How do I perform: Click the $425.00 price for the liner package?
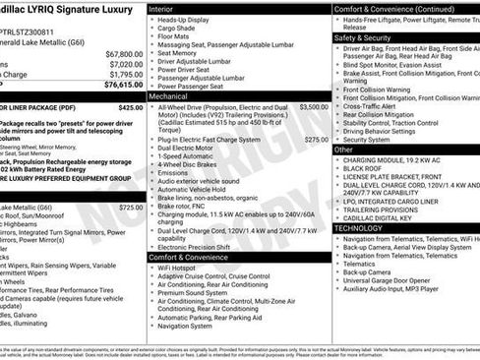pyautogui.click(x=130, y=107)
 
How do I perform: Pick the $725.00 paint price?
pyautogui.click(x=130, y=208)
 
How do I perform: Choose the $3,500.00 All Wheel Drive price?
pyautogui.click(x=314, y=107)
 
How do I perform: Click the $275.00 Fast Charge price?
pyautogui.click(x=317, y=140)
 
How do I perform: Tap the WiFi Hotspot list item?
pyautogui.click(x=176, y=268)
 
